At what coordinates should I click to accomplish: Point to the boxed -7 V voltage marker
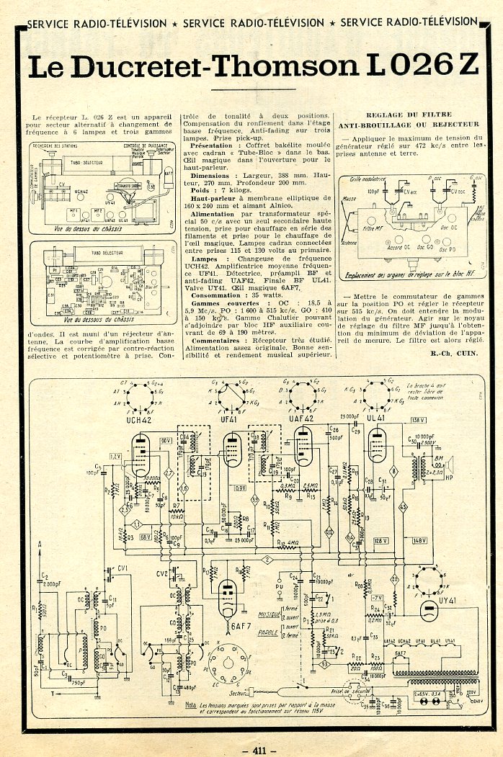pos(376,597)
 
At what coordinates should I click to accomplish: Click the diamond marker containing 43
pos(403,507)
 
